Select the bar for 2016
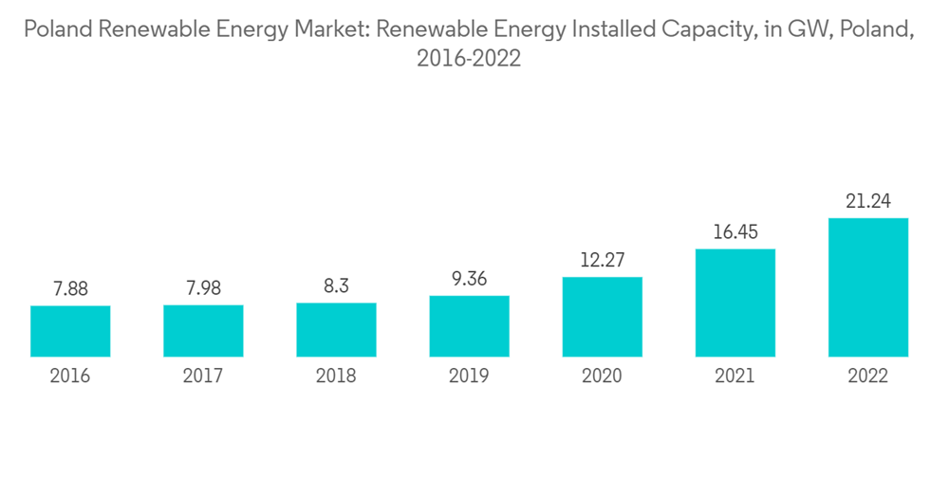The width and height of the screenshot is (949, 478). pyautogui.click(x=70, y=331)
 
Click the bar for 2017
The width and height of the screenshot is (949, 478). pyautogui.click(x=203, y=331)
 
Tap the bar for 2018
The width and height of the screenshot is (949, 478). pyautogui.click(x=336, y=330)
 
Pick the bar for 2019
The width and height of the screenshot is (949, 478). pyautogui.click(x=469, y=326)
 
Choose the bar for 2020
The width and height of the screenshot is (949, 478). pyautogui.click(x=602, y=317)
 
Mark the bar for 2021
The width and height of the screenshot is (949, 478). pyautogui.click(x=735, y=303)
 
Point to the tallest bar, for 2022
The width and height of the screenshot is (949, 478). pyautogui.click(x=867, y=287)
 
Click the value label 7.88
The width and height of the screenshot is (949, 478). pyautogui.click(x=70, y=289)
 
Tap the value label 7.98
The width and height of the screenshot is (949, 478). pyautogui.click(x=203, y=288)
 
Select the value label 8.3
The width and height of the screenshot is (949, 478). pyautogui.click(x=336, y=286)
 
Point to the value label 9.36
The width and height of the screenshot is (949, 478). pyautogui.click(x=469, y=279)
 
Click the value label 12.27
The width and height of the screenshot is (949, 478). pyautogui.click(x=602, y=260)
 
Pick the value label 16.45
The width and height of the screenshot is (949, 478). pyautogui.click(x=735, y=232)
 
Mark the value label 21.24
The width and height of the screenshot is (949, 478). pyautogui.click(x=867, y=201)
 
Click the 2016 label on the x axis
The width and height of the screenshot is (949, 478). pyautogui.click(x=70, y=377)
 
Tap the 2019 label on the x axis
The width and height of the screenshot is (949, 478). pyautogui.click(x=469, y=377)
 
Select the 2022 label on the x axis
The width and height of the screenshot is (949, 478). pyautogui.click(x=867, y=377)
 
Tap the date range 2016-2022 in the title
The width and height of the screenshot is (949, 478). pyautogui.click(x=469, y=59)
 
